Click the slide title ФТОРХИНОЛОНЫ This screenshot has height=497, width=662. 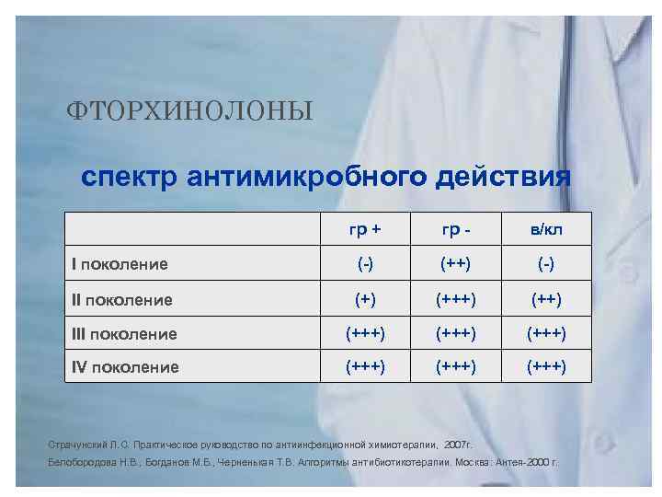pyautogui.click(x=189, y=111)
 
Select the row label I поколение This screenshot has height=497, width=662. pyautogui.click(x=120, y=264)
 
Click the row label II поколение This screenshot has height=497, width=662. pyautogui.click(x=122, y=299)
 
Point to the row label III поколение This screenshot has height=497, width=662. pyautogui.click(x=125, y=333)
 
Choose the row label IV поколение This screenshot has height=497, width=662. pyautogui.click(x=125, y=367)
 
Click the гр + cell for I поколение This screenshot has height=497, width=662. pyautogui.click(x=365, y=263)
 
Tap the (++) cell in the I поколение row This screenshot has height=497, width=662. pyautogui.click(x=456, y=263)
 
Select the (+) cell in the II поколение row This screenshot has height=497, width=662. pyautogui.click(x=365, y=298)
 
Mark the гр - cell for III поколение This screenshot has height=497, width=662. pyautogui.click(x=456, y=332)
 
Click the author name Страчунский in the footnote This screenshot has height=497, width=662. pyautogui.click(x=77, y=443)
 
